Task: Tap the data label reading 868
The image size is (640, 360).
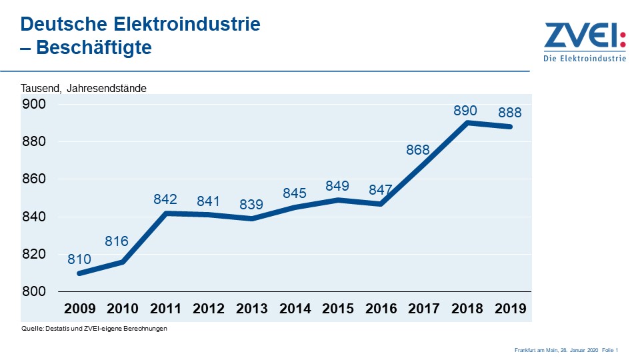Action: click(x=418, y=150)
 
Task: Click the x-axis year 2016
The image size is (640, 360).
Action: click(x=381, y=309)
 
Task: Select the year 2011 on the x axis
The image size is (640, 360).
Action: click(x=166, y=309)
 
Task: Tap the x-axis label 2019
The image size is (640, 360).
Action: click(x=510, y=309)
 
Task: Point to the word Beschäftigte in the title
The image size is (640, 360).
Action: click(x=93, y=48)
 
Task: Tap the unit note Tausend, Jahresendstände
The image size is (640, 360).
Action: click(x=83, y=88)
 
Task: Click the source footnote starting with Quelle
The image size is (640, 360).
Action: click(x=93, y=328)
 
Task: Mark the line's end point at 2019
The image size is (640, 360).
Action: click(x=511, y=127)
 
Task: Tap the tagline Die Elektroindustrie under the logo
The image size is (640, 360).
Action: click(x=585, y=59)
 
